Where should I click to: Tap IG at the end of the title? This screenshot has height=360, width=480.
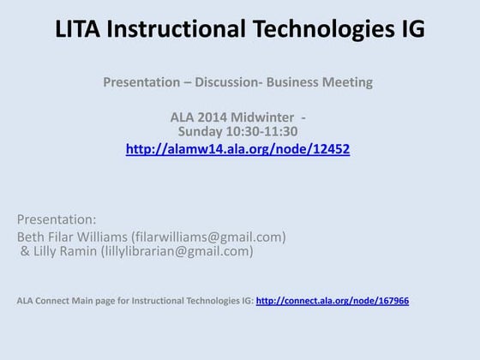coord(411,29)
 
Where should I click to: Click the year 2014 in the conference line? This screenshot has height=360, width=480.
coord(212,117)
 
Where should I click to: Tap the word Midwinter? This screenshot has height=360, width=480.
coord(261,117)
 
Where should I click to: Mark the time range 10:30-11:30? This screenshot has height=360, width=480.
coord(261,131)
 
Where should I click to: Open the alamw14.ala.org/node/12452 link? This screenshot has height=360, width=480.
coord(237,148)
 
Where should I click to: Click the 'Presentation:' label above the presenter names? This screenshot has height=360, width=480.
coord(57,219)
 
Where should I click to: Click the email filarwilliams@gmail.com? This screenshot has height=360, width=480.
coord(208,237)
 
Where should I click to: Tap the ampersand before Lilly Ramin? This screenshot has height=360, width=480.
coord(26,251)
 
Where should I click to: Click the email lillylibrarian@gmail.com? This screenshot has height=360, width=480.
coord(177,251)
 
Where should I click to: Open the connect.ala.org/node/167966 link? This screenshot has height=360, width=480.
coord(333,301)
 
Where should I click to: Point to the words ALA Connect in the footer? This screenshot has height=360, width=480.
coord(44,301)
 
